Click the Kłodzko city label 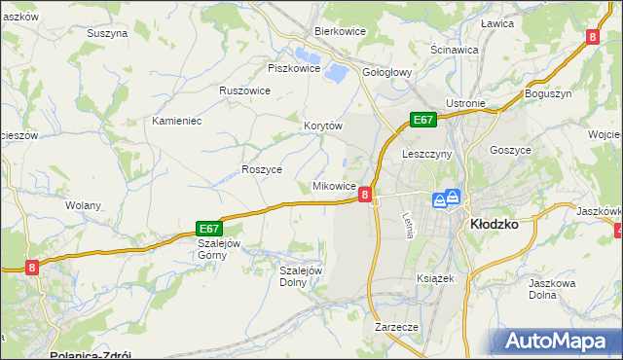[x=494, y=223]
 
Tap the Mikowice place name [x=334, y=185]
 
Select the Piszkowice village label [x=294, y=68]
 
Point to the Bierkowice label [x=339, y=31]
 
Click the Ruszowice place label [x=244, y=90]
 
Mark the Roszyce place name [x=261, y=168]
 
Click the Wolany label [x=83, y=205]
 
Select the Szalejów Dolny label [x=301, y=276]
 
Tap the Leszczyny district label [x=426, y=154]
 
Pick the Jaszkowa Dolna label [x=549, y=288]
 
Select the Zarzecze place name [x=396, y=327]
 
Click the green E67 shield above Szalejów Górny [x=211, y=227]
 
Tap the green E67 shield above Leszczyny [x=421, y=120]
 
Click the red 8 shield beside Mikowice [x=365, y=195]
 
